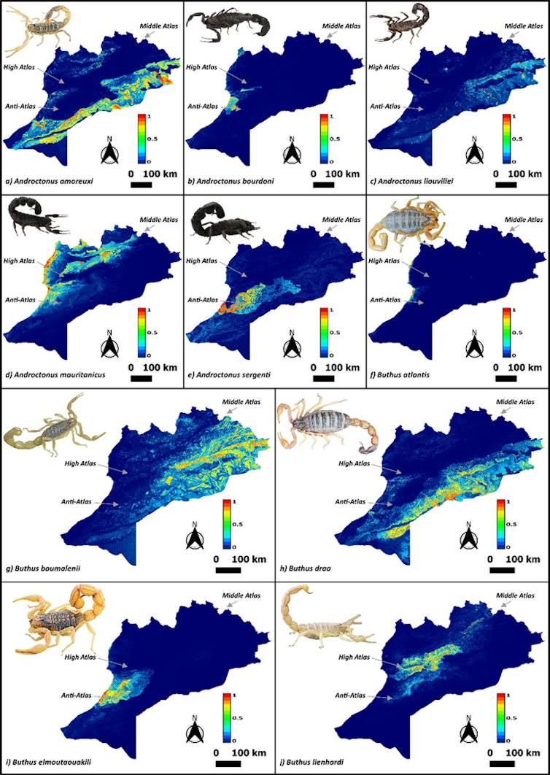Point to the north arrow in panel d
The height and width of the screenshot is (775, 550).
(107, 344)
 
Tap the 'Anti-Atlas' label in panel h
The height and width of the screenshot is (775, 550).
(350, 501)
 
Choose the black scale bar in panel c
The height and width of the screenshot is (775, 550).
(506, 185)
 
